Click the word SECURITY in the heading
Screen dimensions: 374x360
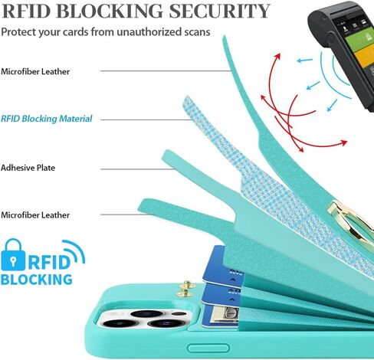[219, 11]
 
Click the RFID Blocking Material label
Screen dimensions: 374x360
[46, 119]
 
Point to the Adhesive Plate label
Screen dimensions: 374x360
[28, 168]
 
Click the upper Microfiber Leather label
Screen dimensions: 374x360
[35, 71]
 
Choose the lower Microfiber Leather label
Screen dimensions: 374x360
[35, 215]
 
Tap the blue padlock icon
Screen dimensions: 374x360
[13, 254]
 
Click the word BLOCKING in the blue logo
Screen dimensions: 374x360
[37, 280]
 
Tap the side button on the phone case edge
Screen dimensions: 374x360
[208, 348]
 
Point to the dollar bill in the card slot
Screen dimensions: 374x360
[226, 316]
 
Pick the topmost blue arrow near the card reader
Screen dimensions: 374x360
[305, 61]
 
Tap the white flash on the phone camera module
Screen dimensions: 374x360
[177, 313]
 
